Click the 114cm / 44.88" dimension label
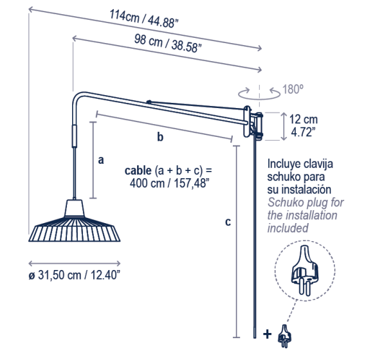144,19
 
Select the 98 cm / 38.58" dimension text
168,43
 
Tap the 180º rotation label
293,89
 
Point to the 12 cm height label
304,120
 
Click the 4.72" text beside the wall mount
303,132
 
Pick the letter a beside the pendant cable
101,160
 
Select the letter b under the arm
160,137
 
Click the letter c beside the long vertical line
228,222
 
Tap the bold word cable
138,170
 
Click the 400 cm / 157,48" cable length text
168,183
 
